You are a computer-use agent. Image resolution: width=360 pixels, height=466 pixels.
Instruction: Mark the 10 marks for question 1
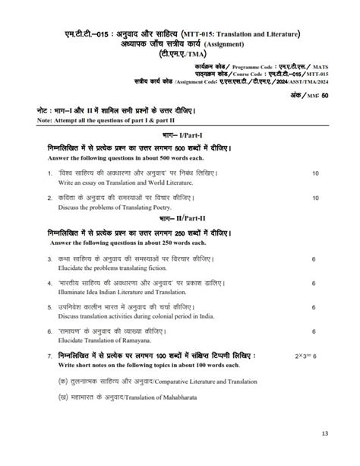point(315,174)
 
